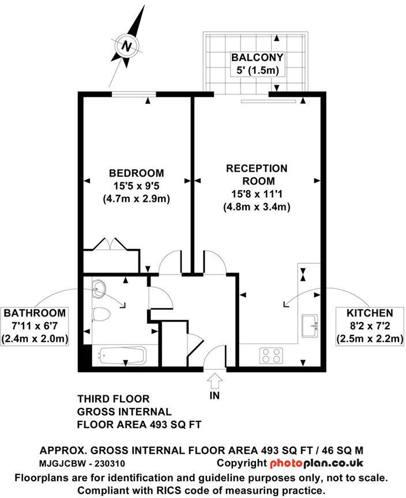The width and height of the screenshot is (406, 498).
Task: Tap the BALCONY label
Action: [257, 57]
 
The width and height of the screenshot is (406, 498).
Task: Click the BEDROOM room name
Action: [136, 173]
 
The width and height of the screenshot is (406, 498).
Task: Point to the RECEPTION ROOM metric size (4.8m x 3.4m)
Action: [257, 206]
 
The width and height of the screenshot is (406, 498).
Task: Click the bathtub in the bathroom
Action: [122, 355]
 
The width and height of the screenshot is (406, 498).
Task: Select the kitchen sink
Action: [310, 326]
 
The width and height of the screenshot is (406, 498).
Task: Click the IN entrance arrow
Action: [215, 381]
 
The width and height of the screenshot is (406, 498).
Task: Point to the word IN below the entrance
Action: [215, 397]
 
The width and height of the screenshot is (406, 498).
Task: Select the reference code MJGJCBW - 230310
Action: [82, 463]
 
